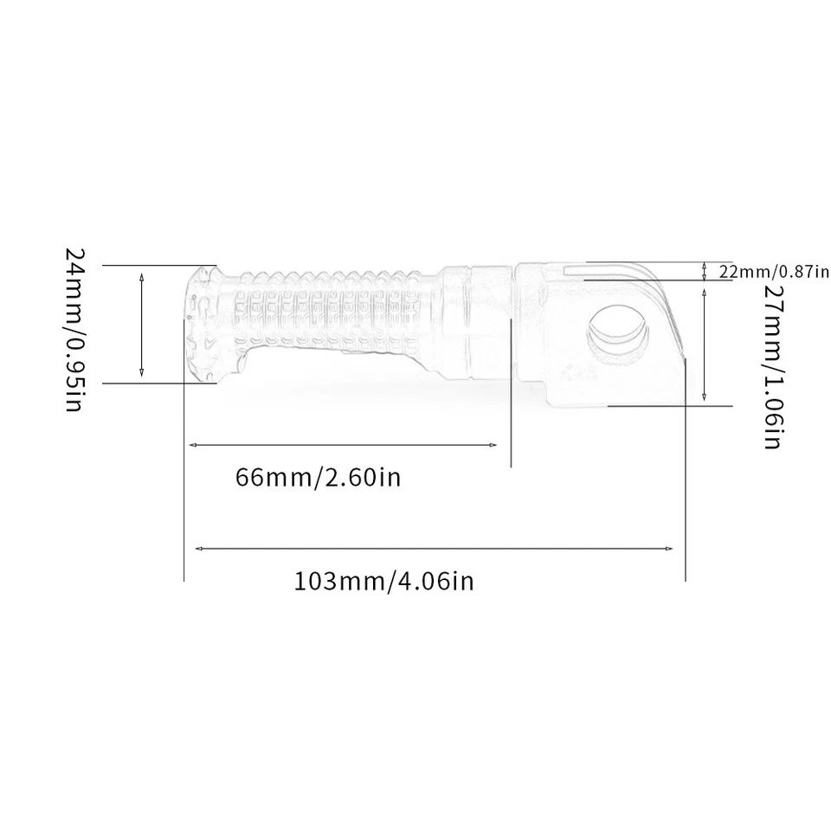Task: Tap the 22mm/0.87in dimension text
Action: [774, 272]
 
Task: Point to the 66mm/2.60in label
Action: [318, 477]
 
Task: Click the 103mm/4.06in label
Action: [384, 580]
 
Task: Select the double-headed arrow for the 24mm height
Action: [142, 324]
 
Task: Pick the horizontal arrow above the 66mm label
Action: [343, 445]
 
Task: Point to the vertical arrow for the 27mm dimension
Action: [706, 345]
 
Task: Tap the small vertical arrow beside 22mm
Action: [705, 271]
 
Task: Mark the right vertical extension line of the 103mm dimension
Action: [685, 485]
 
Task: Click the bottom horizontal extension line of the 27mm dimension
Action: [671, 404]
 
